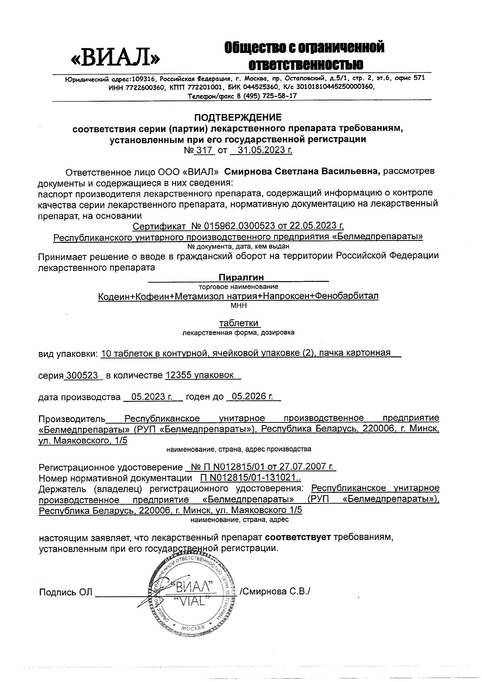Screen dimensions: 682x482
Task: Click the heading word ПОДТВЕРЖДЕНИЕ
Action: (239, 117)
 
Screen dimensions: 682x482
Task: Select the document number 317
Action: (204, 150)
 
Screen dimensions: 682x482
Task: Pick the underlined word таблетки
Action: (239, 323)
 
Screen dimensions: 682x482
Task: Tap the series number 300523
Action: (83, 375)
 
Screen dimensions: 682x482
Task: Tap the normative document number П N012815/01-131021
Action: (248, 478)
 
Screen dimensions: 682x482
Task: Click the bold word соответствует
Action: (298, 537)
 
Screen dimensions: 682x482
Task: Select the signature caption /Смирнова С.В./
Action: (275, 592)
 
